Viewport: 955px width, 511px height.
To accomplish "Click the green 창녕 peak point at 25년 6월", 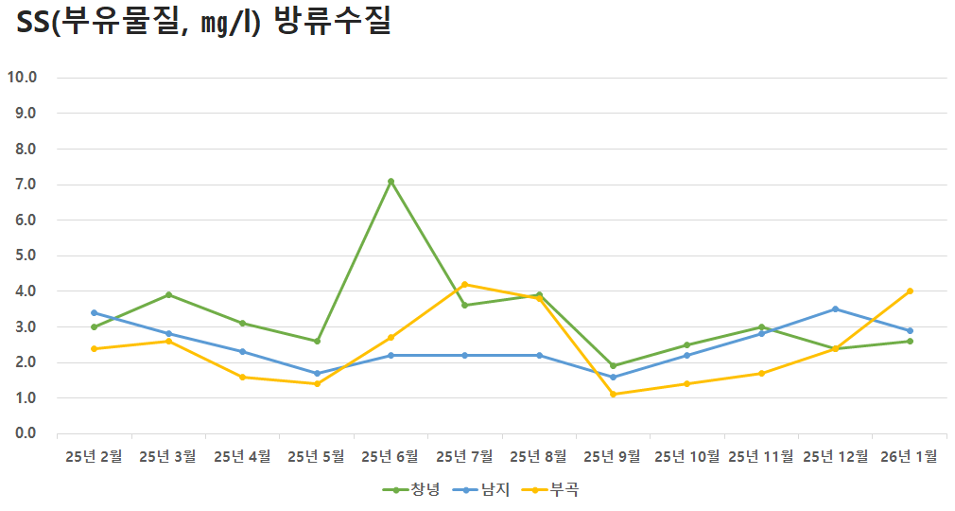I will pos(391,181).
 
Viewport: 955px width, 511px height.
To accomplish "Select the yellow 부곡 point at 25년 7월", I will pos(464,284).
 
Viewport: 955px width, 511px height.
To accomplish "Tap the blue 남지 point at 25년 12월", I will pos(835,308).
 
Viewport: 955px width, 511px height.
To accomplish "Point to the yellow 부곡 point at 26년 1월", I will pos(910,291).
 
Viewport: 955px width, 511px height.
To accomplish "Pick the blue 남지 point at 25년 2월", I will pos(95,312).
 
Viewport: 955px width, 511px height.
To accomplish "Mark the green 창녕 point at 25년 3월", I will pos(168,294).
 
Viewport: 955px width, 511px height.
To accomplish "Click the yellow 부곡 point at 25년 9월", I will pos(613,394).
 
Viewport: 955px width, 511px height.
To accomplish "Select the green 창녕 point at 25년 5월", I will pos(317,341).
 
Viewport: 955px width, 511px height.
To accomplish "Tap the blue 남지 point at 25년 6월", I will pos(391,355).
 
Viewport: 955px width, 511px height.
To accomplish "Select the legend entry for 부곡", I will pos(550,489).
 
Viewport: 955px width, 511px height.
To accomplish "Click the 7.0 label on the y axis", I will pos(24,185).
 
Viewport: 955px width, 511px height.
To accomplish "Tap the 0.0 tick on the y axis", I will pos(24,433).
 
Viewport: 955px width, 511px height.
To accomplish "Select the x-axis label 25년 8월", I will pos(539,456).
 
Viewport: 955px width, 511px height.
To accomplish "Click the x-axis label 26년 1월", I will pos(910,456).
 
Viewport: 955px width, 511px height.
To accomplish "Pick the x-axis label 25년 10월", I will pos(687,456).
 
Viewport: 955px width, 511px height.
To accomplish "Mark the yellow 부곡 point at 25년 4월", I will pos(243,377).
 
